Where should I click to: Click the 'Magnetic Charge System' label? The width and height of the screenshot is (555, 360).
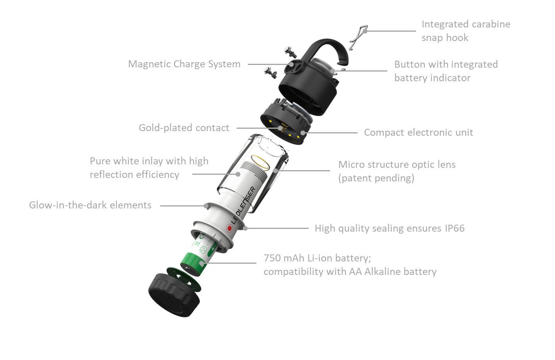184,64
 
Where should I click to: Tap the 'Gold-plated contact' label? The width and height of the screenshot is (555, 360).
184,128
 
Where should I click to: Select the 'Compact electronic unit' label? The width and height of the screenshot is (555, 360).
419,133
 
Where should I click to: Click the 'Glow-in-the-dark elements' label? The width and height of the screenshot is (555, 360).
90,205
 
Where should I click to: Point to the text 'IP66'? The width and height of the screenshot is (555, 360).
455,229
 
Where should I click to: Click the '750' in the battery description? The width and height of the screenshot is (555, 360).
272,258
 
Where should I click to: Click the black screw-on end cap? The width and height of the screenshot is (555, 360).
174,295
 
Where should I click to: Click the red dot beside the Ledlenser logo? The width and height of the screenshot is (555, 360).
230,228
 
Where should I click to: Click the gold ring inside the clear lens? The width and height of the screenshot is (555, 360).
260,162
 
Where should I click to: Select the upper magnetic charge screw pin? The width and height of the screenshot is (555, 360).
290,52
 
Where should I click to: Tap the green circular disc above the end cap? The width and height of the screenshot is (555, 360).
184,280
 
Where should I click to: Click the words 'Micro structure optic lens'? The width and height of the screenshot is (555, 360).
397,165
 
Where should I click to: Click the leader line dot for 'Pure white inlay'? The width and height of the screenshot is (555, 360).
238,174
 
